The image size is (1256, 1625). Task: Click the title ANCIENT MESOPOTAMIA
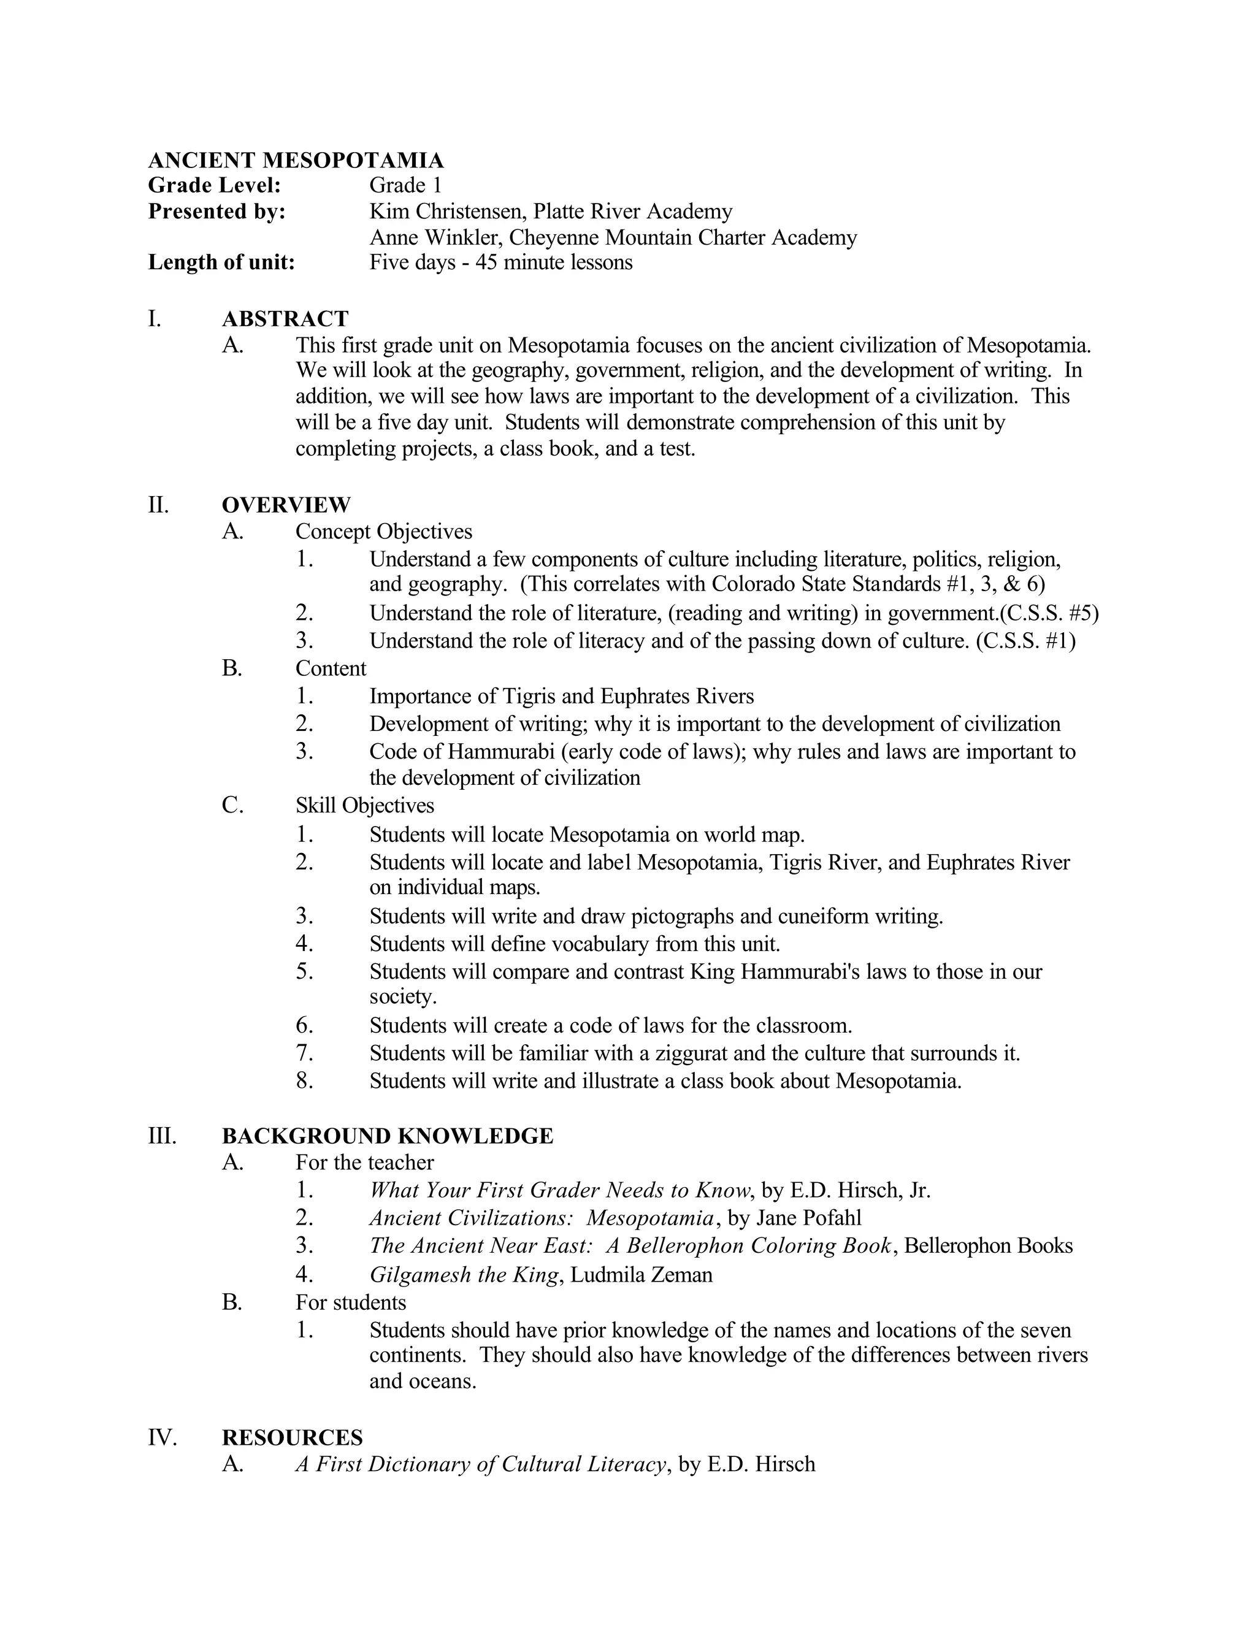[296, 160]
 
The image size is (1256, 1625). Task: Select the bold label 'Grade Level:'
[214, 185]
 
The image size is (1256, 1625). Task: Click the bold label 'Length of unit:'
[222, 262]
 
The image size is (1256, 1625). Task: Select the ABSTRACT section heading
[285, 319]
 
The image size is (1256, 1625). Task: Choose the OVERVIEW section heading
[286, 505]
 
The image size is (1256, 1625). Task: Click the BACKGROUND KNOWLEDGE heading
[388, 1136]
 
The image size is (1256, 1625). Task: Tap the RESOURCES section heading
[293, 1437]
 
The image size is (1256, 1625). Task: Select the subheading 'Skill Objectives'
[365, 805]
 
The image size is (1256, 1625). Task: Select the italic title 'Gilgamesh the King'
[464, 1275]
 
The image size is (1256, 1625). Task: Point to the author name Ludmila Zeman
[641, 1275]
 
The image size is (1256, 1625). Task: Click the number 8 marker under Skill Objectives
[304, 1080]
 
